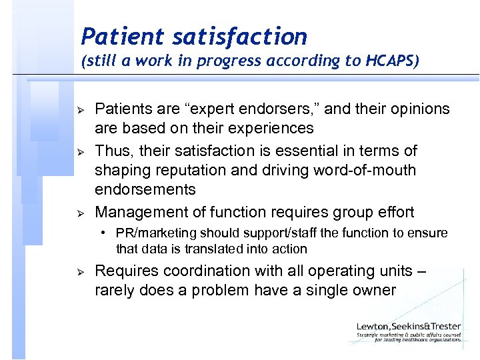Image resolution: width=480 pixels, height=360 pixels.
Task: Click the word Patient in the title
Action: coord(117,36)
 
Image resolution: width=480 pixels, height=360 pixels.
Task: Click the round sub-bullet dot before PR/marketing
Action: coord(105,233)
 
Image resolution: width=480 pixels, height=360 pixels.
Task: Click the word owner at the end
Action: coord(373,290)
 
